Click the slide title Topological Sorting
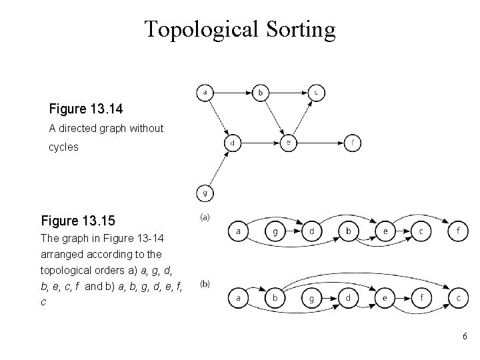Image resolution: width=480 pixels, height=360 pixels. (x=240, y=29)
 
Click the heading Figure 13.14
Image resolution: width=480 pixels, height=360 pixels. (x=86, y=108)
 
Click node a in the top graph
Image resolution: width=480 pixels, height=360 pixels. (x=205, y=92)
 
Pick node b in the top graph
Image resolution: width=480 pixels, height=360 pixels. (x=261, y=92)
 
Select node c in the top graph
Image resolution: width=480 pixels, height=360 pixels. (x=316, y=92)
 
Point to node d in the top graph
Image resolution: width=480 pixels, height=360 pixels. (x=232, y=143)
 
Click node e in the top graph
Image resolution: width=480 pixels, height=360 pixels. (x=288, y=143)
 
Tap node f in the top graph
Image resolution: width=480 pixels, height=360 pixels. (x=352, y=143)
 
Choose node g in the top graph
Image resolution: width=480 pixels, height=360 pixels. (x=205, y=193)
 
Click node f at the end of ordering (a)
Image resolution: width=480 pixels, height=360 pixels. (x=457, y=231)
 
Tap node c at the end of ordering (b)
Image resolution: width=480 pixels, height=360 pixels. (x=457, y=297)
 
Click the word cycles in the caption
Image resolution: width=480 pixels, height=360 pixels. (x=63, y=147)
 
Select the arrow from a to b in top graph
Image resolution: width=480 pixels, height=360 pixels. (x=233, y=92)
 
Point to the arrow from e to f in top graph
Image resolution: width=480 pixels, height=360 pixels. (x=320, y=143)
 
